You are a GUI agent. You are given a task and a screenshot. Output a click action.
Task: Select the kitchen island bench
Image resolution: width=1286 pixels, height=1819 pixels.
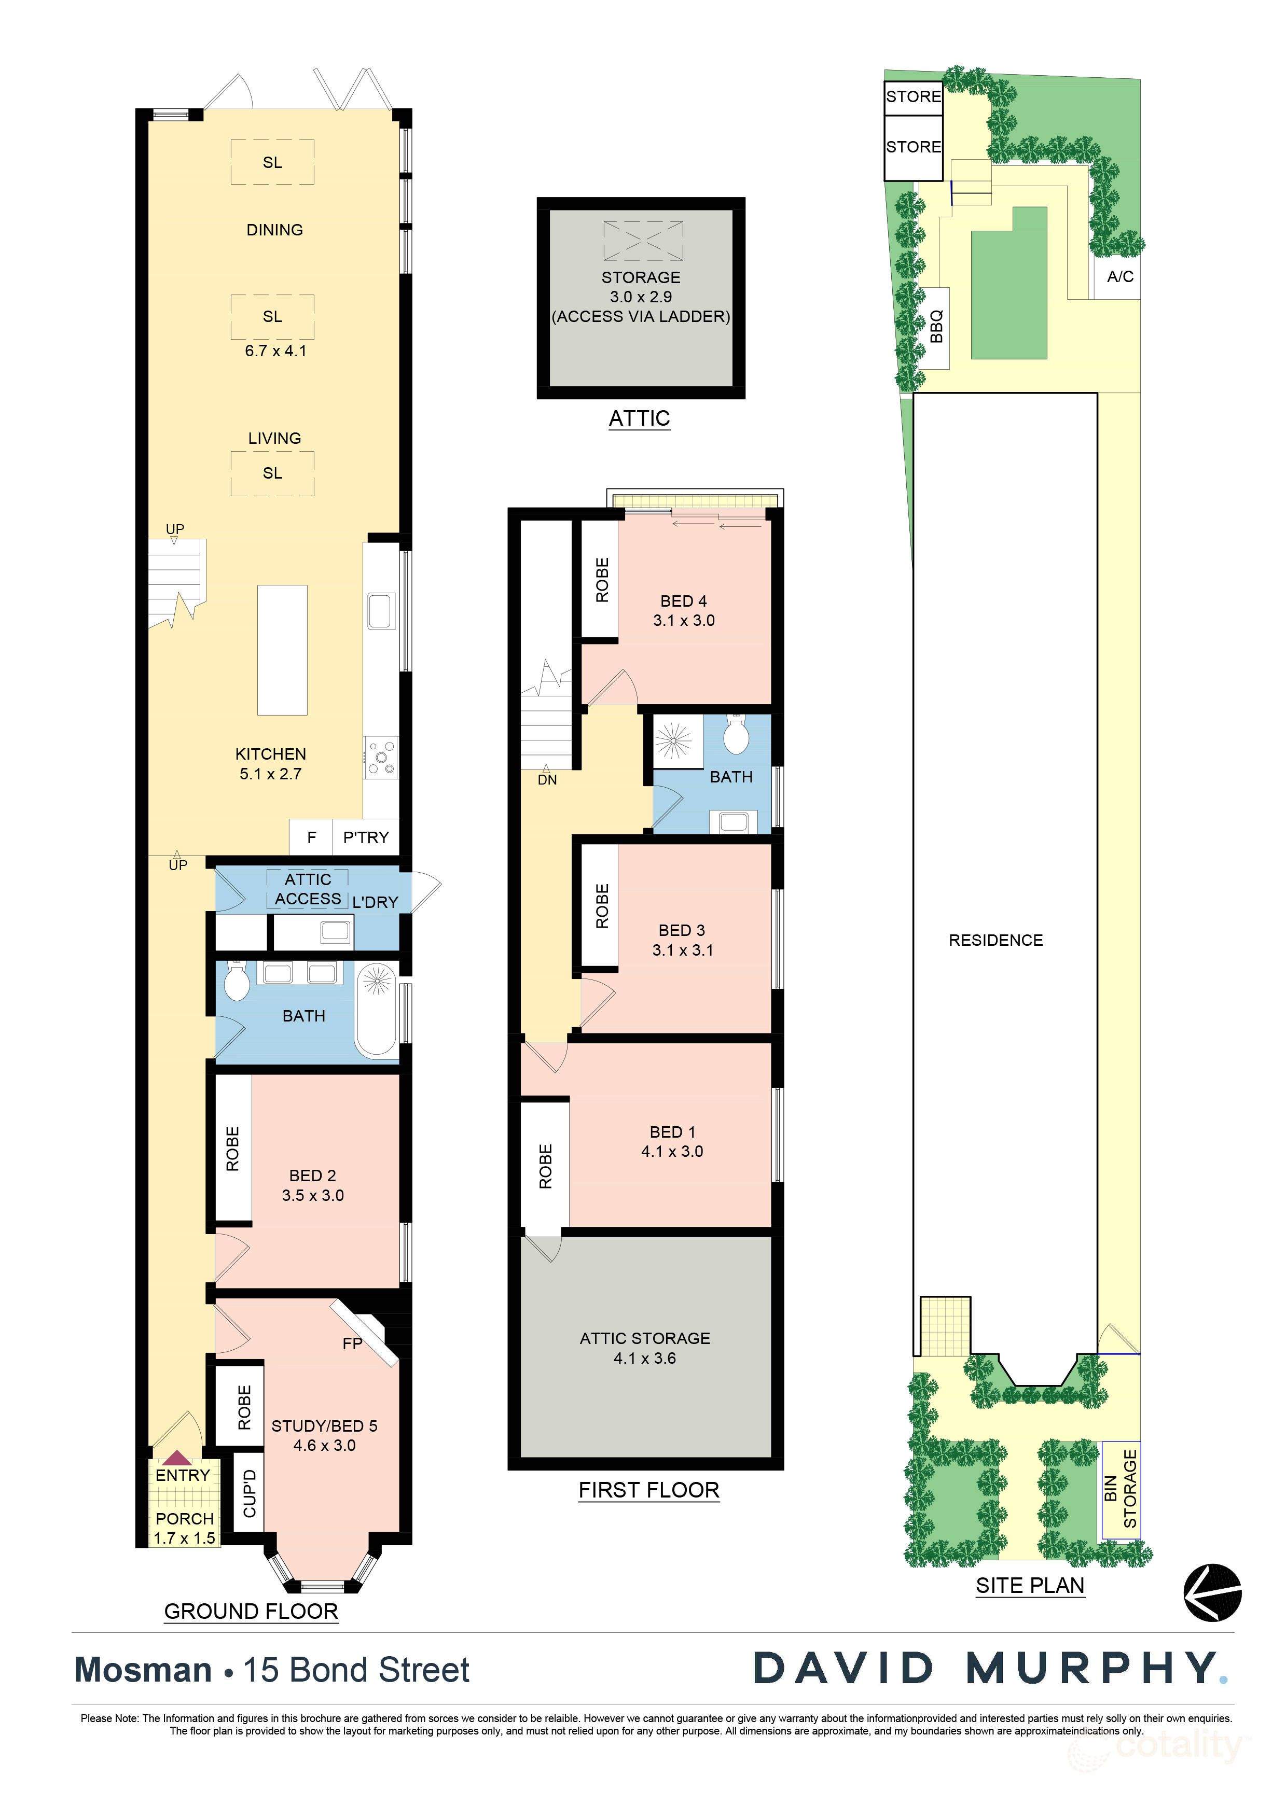click(282, 650)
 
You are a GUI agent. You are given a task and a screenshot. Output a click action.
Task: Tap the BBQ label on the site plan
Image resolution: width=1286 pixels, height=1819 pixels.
click(936, 326)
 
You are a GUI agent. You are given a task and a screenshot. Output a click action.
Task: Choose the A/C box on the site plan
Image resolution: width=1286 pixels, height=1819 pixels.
click(1119, 276)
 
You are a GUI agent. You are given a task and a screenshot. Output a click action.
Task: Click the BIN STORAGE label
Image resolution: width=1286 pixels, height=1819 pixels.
click(1121, 1489)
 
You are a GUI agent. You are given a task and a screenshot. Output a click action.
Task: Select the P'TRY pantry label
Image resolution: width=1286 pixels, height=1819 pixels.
click(366, 837)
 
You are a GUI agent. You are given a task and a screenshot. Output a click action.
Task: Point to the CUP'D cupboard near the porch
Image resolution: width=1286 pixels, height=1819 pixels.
click(249, 1493)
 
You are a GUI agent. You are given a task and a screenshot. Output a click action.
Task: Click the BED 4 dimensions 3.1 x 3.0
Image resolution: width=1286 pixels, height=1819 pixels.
click(684, 620)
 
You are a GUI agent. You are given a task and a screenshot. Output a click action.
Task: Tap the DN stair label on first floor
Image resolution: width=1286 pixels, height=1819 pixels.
click(547, 779)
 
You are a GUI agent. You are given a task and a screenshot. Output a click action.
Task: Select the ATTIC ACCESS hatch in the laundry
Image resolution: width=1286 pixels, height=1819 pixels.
click(308, 889)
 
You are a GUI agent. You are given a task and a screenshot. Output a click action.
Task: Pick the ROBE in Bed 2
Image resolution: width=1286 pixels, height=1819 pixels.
click(232, 1148)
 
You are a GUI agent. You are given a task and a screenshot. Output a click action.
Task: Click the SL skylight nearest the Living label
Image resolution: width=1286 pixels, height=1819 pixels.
click(272, 473)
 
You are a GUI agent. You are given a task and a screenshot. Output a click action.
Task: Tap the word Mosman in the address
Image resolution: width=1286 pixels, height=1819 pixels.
click(143, 1671)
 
